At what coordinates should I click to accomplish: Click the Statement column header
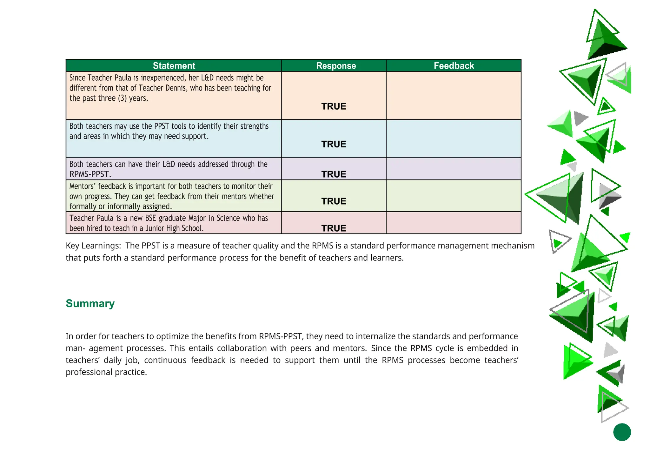(174, 66)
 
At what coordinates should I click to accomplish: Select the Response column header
(336, 66)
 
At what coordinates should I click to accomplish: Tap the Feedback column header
(454, 66)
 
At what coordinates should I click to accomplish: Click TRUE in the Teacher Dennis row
(334, 106)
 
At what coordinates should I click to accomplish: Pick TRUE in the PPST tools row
(334, 144)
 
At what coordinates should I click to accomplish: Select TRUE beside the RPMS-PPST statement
(334, 174)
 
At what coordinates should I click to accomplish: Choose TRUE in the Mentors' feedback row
(334, 201)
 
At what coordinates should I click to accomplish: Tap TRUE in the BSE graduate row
(334, 228)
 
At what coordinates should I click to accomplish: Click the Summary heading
(90, 303)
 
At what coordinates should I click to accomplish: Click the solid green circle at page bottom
(622, 432)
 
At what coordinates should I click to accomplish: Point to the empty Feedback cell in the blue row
(454, 139)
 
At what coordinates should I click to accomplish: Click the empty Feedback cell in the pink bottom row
(454, 223)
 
